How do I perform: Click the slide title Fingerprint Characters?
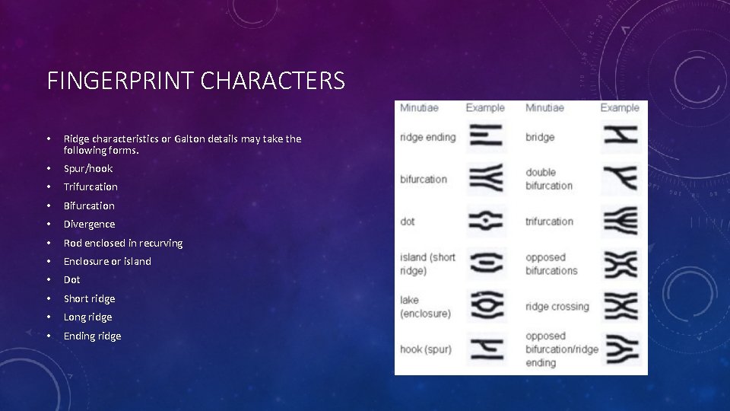tap(195, 80)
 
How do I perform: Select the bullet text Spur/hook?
tap(87, 168)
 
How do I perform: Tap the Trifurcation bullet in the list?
tap(90, 186)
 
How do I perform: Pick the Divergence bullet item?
tap(89, 224)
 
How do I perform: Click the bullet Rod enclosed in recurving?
tap(122, 243)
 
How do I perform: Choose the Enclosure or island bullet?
tap(107, 261)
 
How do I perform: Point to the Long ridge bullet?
tap(87, 317)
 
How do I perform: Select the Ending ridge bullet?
tap(92, 336)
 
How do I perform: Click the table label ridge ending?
tap(427, 137)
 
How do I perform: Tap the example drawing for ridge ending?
tap(485, 136)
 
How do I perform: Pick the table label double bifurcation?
tap(548, 179)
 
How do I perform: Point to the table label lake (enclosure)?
tap(425, 307)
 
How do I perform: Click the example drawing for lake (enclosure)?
tap(485, 306)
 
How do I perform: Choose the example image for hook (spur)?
tap(485, 349)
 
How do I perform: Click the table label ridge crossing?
tap(557, 307)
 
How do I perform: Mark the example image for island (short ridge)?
tap(485, 264)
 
